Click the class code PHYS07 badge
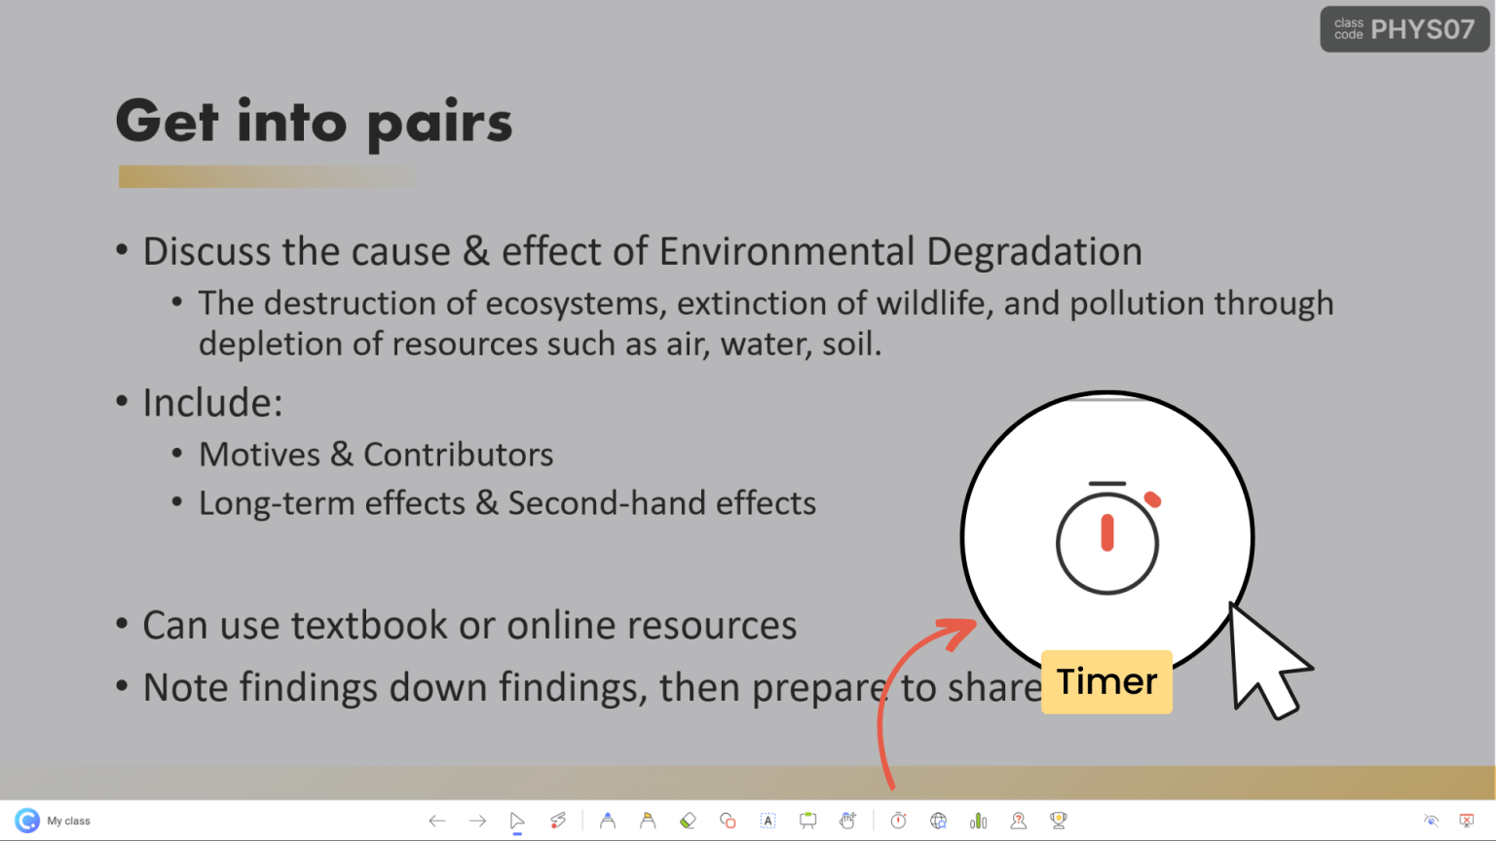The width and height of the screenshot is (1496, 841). [x=1404, y=29]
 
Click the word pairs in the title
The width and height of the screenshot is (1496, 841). [x=439, y=124]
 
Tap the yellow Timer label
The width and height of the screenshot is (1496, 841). [x=1106, y=681]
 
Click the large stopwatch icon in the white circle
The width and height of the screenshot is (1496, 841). [x=1107, y=538]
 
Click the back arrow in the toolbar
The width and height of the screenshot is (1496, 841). [x=437, y=821]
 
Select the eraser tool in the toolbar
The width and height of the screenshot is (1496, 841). [x=688, y=821]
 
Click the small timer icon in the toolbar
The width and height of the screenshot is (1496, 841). [x=898, y=821]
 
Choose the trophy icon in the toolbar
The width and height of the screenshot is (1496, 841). [x=1058, y=821]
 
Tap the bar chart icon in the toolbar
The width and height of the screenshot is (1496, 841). [x=978, y=821]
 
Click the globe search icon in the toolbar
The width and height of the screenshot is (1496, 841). [x=938, y=821]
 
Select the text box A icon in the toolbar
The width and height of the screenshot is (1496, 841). [x=767, y=821]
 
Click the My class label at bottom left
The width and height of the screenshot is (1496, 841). [x=68, y=821]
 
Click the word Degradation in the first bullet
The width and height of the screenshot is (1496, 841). [x=1033, y=252]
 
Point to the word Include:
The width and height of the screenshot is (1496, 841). [x=212, y=403]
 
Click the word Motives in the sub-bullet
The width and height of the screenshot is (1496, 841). [x=259, y=455]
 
